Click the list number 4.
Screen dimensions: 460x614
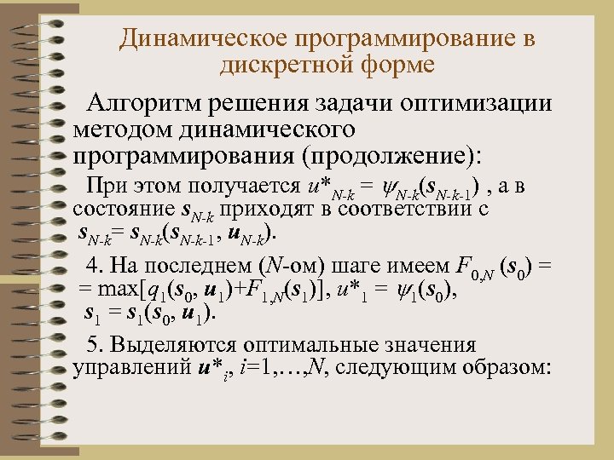click(95, 262)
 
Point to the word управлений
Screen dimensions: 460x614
click(131, 369)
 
